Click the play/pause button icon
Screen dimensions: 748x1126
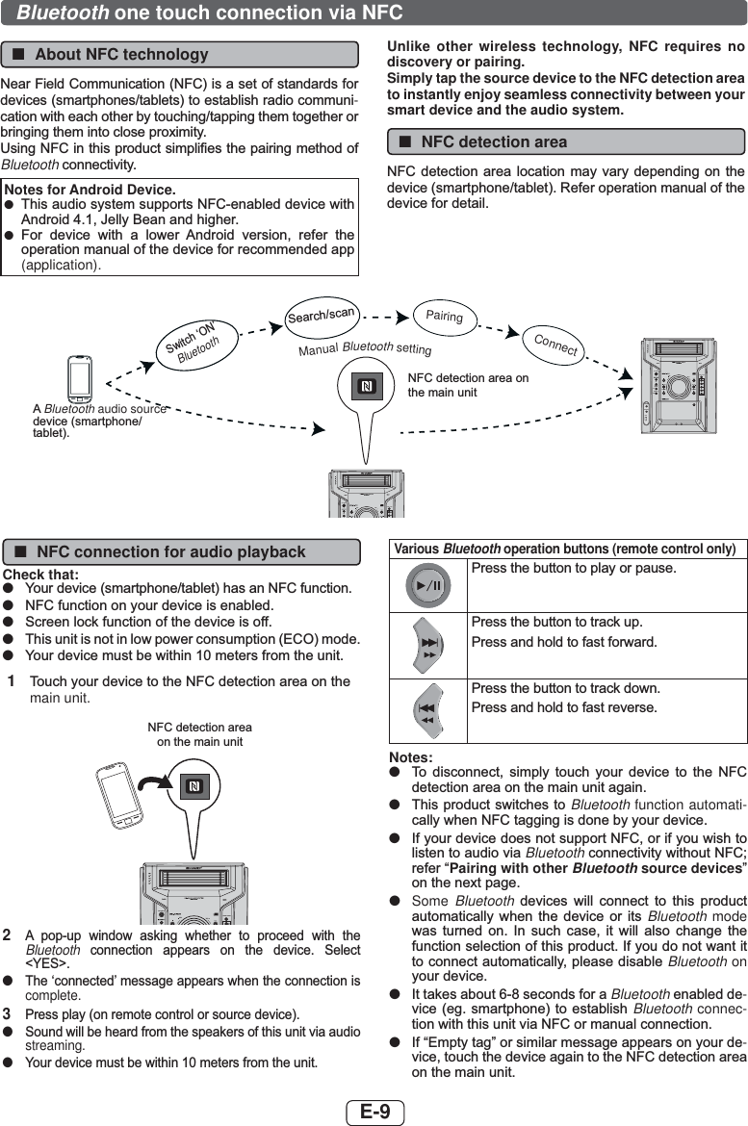point(428,585)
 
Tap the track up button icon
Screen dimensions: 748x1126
point(428,646)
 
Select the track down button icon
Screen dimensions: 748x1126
point(428,711)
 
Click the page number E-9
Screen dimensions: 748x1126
point(375,1113)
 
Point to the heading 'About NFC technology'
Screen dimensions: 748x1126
point(121,55)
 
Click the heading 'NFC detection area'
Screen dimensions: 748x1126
point(494,142)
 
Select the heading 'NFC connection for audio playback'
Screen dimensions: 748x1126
point(171,552)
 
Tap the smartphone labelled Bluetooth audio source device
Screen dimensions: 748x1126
point(79,377)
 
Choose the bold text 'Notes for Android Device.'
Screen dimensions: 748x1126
point(90,190)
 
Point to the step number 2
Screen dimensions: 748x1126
point(7,935)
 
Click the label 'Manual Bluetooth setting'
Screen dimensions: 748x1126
point(365,348)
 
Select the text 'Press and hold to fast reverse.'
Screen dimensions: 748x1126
point(564,707)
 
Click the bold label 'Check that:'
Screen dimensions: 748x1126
point(41,575)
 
